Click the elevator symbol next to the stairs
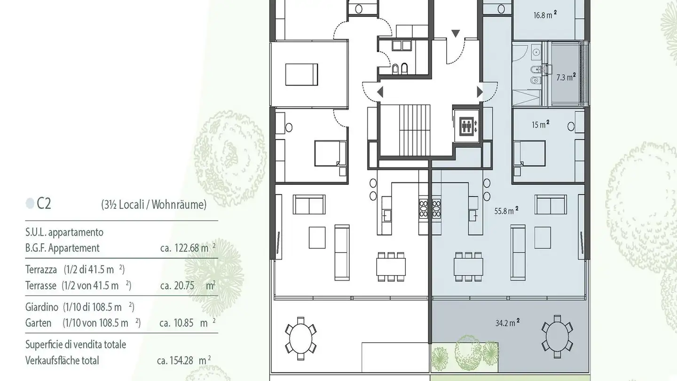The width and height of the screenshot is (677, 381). [466, 126]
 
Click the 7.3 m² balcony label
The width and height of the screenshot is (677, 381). [566, 78]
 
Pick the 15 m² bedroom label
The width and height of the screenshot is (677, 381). [541, 125]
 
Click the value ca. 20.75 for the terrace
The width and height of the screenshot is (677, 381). [177, 286]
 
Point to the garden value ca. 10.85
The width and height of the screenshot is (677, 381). [177, 323]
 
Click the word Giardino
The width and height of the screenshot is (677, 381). [42, 307]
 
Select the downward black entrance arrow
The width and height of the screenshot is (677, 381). [456, 33]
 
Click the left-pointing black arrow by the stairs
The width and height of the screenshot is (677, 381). [380, 92]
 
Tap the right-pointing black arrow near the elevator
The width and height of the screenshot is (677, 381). [480, 92]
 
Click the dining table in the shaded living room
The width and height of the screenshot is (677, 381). [468, 267]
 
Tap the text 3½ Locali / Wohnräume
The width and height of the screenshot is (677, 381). [153, 205]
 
